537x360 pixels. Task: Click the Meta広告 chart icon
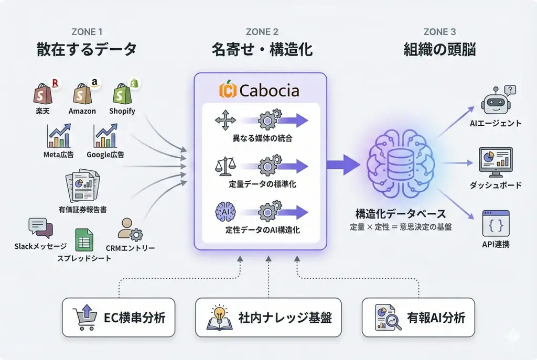click(58, 136)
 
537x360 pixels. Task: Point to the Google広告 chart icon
click(105, 136)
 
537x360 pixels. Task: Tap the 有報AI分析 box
click(418, 317)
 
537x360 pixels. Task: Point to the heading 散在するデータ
click(87, 50)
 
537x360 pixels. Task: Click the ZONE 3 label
click(439, 32)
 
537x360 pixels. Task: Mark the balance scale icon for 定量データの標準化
click(225, 167)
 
